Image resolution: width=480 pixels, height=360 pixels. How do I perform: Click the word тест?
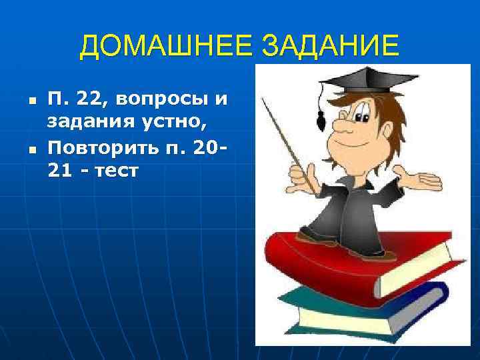[113, 170]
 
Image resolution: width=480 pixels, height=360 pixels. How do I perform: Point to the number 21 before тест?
[58, 170]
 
